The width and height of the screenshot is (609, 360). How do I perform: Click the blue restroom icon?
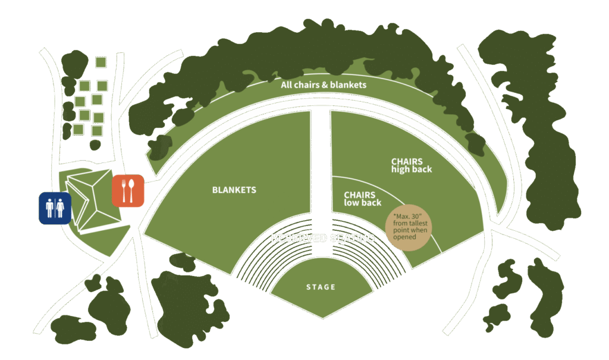tap(55, 208)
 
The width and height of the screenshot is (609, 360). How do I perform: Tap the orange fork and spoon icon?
tap(128, 190)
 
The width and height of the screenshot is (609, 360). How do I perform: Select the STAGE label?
tap(321, 287)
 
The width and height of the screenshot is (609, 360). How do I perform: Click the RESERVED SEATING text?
tap(322, 238)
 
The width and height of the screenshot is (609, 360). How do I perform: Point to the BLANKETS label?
tap(234, 190)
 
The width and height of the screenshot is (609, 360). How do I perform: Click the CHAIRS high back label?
tap(411, 165)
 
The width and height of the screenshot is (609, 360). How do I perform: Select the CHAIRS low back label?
tap(362, 199)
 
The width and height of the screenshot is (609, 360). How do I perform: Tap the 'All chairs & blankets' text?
tap(324, 85)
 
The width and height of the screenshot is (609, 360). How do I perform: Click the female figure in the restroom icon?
tap(61, 208)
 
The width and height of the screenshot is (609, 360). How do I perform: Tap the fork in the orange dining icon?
tap(124, 190)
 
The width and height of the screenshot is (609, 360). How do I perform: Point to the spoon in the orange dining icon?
tap(133, 190)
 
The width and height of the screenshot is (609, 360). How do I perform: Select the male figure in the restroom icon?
tap(49, 208)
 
